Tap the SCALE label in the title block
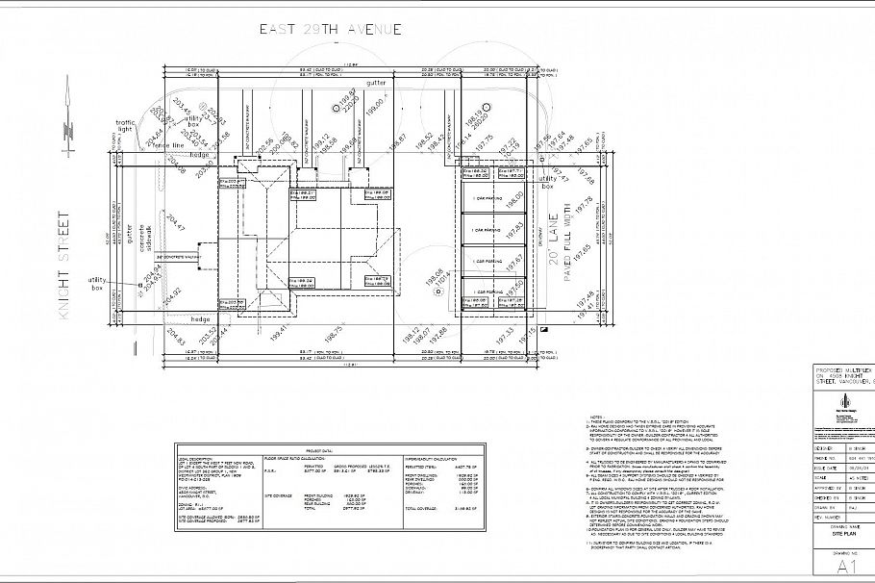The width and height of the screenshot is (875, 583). [x=820, y=475]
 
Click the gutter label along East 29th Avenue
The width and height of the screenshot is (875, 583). [x=375, y=85]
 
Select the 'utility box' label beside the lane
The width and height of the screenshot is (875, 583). [x=548, y=183]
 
